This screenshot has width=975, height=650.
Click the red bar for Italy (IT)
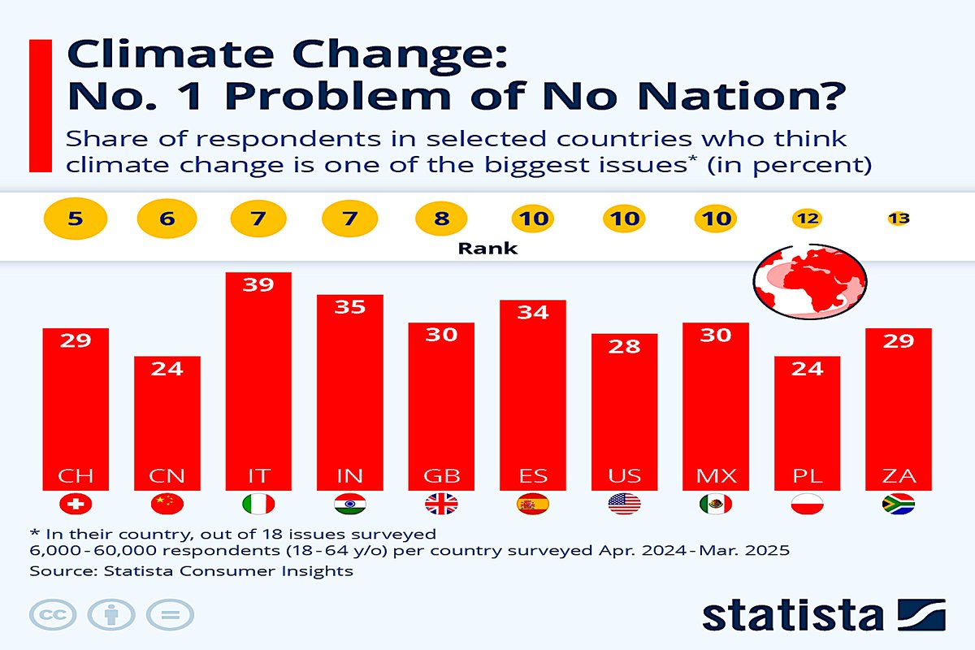[258, 382]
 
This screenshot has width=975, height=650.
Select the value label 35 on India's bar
[350, 307]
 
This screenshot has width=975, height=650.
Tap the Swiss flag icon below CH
[76, 505]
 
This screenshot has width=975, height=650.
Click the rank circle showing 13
[899, 218]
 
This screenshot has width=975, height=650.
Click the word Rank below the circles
[487, 249]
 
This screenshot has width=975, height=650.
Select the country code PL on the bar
[808, 475]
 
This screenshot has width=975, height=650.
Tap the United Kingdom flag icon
[441, 505]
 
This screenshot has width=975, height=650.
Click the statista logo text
[792, 614]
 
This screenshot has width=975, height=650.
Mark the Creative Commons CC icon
[53, 614]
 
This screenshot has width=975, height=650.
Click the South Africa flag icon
[899, 505]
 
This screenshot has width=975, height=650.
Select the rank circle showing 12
[808, 218]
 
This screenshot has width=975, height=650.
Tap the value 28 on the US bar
[625, 346]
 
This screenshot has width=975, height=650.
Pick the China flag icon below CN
[167, 505]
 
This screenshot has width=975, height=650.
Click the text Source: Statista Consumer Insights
[191, 571]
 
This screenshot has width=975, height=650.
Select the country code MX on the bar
[716, 475]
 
